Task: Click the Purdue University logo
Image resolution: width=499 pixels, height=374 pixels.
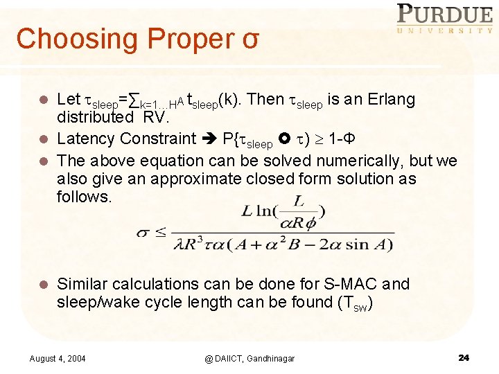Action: pos(444,19)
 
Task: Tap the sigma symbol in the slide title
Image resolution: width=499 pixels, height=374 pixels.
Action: pos(251,39)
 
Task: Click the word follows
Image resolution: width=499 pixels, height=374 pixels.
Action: pos(84,197)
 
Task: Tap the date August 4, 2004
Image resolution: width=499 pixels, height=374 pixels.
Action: pos(58,358)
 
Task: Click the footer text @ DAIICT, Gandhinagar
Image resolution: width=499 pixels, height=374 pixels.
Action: pos(249,358)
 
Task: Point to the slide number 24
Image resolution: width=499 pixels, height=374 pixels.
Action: pos(464,357)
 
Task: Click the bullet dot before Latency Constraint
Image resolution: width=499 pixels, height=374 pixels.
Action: pos(44,139)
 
